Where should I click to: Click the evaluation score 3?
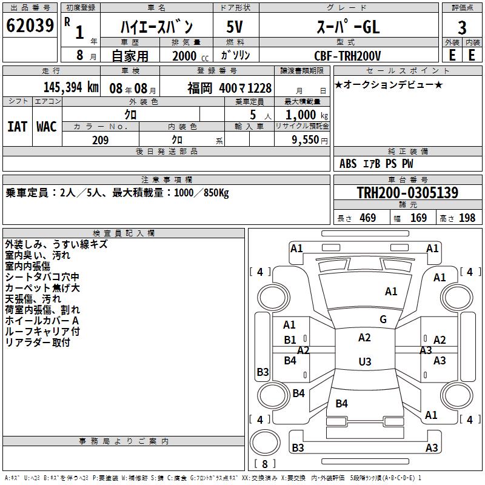click(x=462, y=27)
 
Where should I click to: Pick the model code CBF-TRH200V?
click(x=347, y=56)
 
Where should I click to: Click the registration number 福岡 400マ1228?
click(x=229, y=87)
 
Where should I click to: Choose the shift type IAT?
click(x=17, y=126)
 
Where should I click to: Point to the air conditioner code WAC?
click(x=46, y=126)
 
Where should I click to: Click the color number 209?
click(x=100, y=140)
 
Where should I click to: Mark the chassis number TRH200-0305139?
click(x=407, y=193)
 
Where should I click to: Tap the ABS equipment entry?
click(x=348, y=164)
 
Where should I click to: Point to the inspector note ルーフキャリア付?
click(x=42, y=332)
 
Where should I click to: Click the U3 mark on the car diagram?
click(x=364, y=362)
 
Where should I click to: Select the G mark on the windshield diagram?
click(x=383, y=319)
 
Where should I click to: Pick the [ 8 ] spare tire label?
click(x=264, y=464)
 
